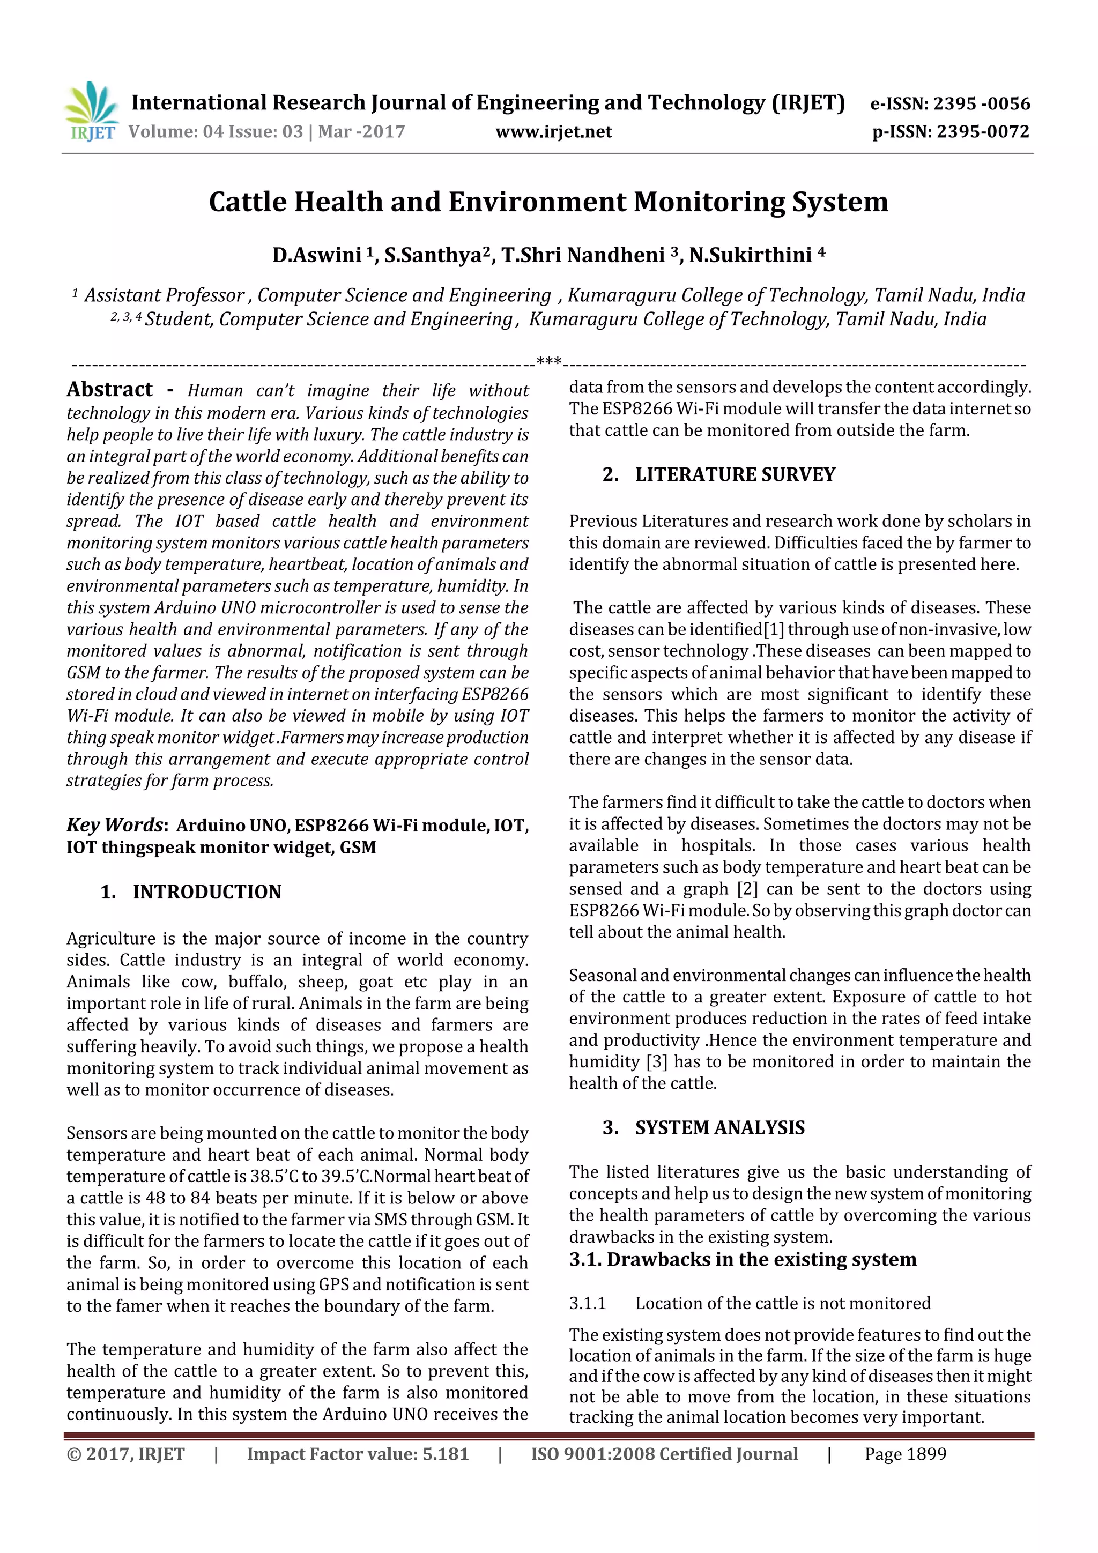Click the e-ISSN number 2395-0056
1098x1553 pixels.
(x=981, y=103)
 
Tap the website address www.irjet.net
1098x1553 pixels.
(x=553, y=131)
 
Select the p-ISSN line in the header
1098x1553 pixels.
(x=951, y=131)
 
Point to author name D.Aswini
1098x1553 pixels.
(x=317, y=255)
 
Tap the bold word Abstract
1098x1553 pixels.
(x=109, y=390)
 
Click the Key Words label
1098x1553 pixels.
(x=115, y=824)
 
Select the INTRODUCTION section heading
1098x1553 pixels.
(x=206, y=891)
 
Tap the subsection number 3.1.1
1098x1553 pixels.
(x=587, y=1303)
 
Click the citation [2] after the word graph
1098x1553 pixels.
(x=747, y=889)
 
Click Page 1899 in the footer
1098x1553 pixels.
(x=905, y=1454)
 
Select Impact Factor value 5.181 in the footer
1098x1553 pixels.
(x=357, y=1454)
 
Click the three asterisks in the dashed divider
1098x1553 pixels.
(x=548, y=362)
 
